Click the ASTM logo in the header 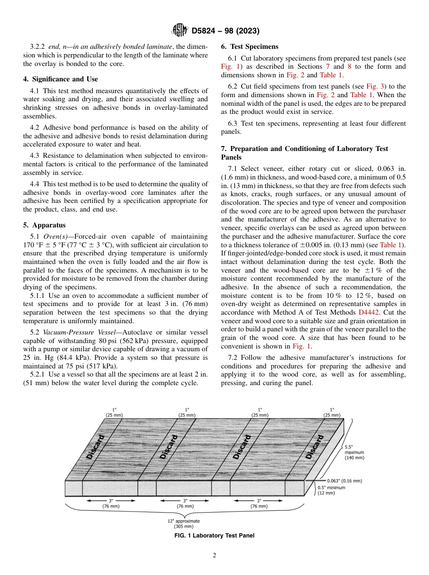pyautogui.click(x=180, y=31)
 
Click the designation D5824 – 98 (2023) pyautogui.click(x=225, y=31)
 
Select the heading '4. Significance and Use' pyautogui.click(x=60, y=79)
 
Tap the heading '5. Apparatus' pyautogui.click(x=44, y=225)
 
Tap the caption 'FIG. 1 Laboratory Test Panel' pyautogui.click(x=214, y=536)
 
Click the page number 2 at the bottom pyautogui.click(x=214, y=556)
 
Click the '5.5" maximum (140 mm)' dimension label pyautogui.click(x=354, y=452)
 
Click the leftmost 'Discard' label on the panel pyautogui.click(x=95, y=447)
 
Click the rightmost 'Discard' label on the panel pyautogui.click(x=314, y=447)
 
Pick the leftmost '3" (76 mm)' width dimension pyautogui.click(x=111, y=504)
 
